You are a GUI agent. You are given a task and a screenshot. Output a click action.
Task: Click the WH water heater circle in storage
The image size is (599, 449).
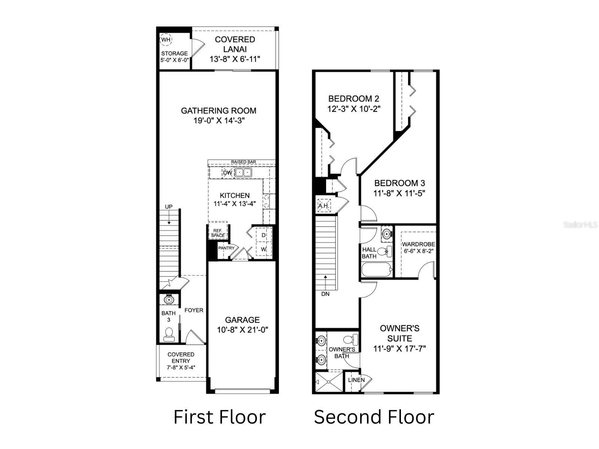click(166, 40)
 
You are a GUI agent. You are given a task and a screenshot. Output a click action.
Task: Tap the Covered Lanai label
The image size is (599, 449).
click(235, 44)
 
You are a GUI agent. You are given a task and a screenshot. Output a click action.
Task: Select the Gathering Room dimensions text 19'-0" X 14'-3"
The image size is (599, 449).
click(219, 120)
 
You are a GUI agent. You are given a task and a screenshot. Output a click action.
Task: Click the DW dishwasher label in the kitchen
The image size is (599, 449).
click(228, 172)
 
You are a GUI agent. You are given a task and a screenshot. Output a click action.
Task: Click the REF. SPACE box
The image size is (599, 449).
click(218, 233)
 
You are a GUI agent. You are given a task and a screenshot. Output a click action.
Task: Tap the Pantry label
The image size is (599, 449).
click(226, 248)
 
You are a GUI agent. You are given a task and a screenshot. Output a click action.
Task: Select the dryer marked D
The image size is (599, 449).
click(264, 235)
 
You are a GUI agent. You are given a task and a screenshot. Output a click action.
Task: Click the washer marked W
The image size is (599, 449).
click(264, 249)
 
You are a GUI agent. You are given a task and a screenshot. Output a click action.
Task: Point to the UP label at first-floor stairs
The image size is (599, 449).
click(169, 207)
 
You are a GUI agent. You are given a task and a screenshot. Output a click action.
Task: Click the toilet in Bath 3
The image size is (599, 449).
click(169, 334)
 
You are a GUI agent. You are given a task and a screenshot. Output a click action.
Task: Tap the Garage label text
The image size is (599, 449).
click(242, 320)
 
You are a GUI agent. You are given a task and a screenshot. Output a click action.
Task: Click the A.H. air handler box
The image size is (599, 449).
click(323, 205)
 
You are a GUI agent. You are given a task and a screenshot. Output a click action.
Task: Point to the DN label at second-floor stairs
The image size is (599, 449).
click(325, 294)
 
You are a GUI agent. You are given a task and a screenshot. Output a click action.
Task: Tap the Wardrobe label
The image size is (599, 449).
click(418, 244)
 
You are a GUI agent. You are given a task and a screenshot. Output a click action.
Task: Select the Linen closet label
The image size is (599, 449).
click(356, 380)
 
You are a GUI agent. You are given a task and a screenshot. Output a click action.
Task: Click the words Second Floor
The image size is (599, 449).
click(374, 417)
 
